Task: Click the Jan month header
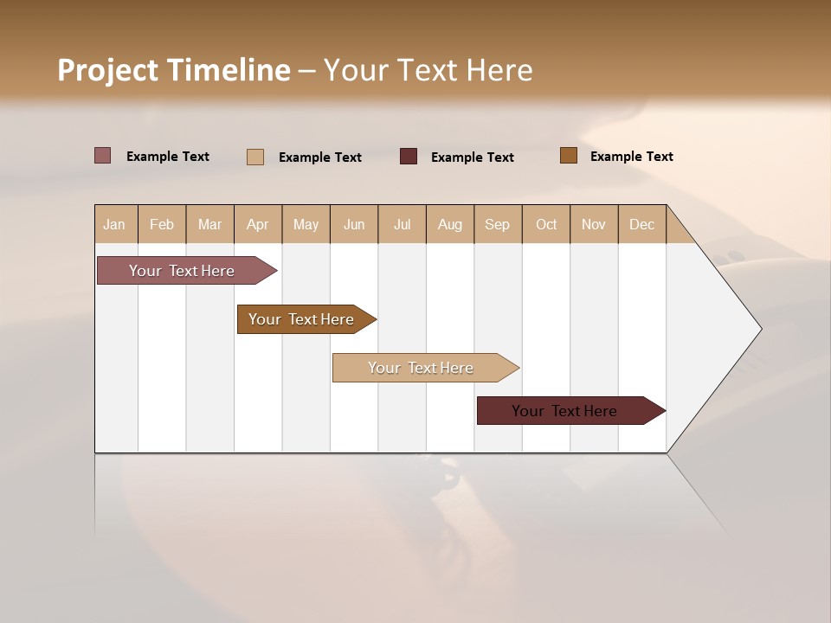coord(114,224)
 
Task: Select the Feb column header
coord(162,224)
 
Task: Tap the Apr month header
coord(257,224)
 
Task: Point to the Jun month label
coord(354,224)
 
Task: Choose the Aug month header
coord(449,224)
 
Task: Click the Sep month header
coord(497,224)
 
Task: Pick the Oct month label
coord(546,224)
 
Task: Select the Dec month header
coord(641,224)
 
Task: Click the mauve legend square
coord(103,156)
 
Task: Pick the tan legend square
coord(255,157)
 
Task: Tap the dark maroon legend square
coord(409,156)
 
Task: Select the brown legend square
coord(568,156)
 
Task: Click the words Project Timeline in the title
coord(173,70)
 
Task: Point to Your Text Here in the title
coord(428,70)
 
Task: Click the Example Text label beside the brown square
coord(631,157)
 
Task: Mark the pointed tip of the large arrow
coord(760,329)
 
